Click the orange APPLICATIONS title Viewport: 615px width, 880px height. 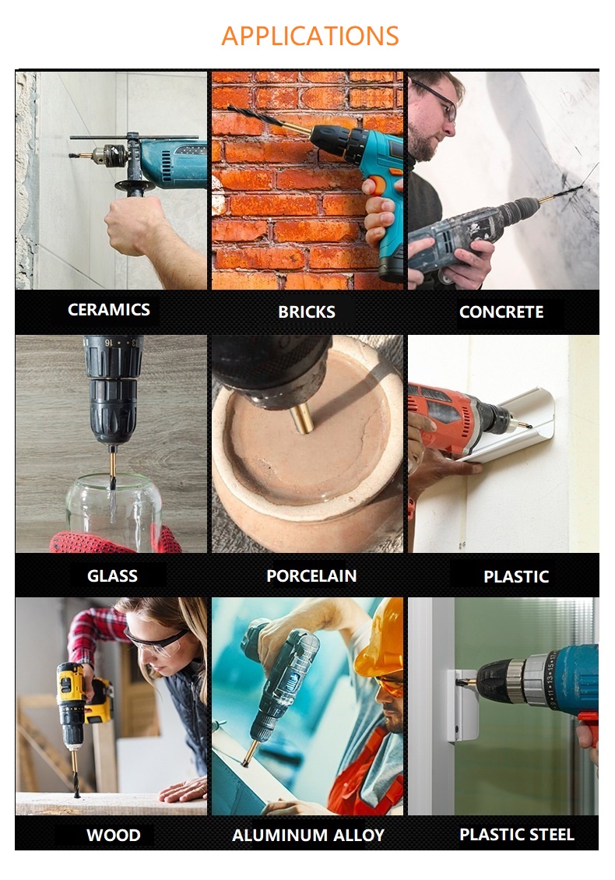[x=310, y=36]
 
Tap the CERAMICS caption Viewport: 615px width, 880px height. [x=109, y=310]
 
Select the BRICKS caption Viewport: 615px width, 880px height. [x=307, y=312]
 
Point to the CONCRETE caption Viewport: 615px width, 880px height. [x=501, y=312]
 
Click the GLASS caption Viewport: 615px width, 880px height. [x=112, y=576]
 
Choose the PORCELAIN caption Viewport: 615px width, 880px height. [x=311, y=576]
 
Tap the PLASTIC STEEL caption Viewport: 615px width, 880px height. [x=517, y=835]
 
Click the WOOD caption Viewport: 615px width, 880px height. [x=114, y=835]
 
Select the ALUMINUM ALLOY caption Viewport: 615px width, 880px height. [x=308, y=835]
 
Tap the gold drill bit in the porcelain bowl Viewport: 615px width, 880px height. [x=302, y=419]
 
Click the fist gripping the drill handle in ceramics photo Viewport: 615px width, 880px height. [x=135, y=224]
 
